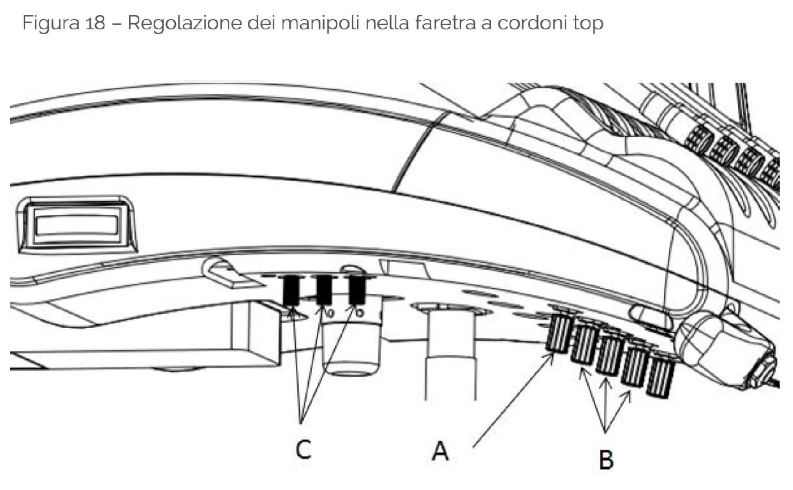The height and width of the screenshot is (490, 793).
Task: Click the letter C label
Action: point(303,450)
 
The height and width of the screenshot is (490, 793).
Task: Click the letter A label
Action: point(440,451)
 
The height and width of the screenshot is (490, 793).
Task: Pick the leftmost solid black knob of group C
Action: point(291,290)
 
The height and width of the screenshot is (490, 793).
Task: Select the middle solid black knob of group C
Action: point(324,290)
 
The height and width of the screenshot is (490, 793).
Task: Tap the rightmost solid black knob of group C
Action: point(357,290)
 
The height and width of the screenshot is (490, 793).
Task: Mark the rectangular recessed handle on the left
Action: point(77,225)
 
